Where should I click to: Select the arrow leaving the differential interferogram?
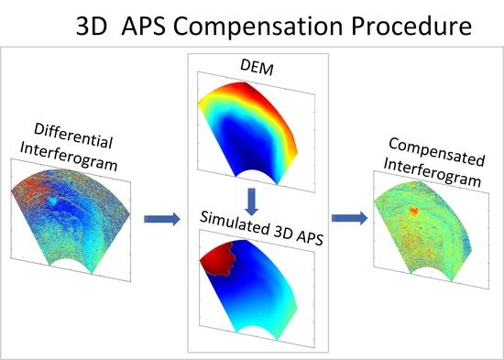click(x=161, y=219)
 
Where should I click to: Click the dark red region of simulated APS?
click(x=220, y=262)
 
